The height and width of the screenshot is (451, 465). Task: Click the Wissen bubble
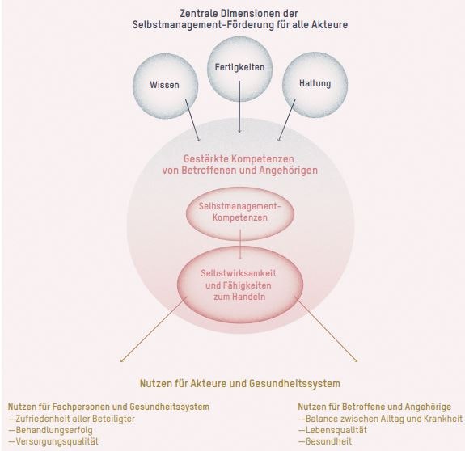[x=165, y=85]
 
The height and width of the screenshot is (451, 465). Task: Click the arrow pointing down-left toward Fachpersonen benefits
[x=154, y=330]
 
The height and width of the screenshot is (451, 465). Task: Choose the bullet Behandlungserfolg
[x=52, y=431]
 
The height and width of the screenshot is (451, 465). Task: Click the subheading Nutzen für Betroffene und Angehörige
[x=375, y=407]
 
